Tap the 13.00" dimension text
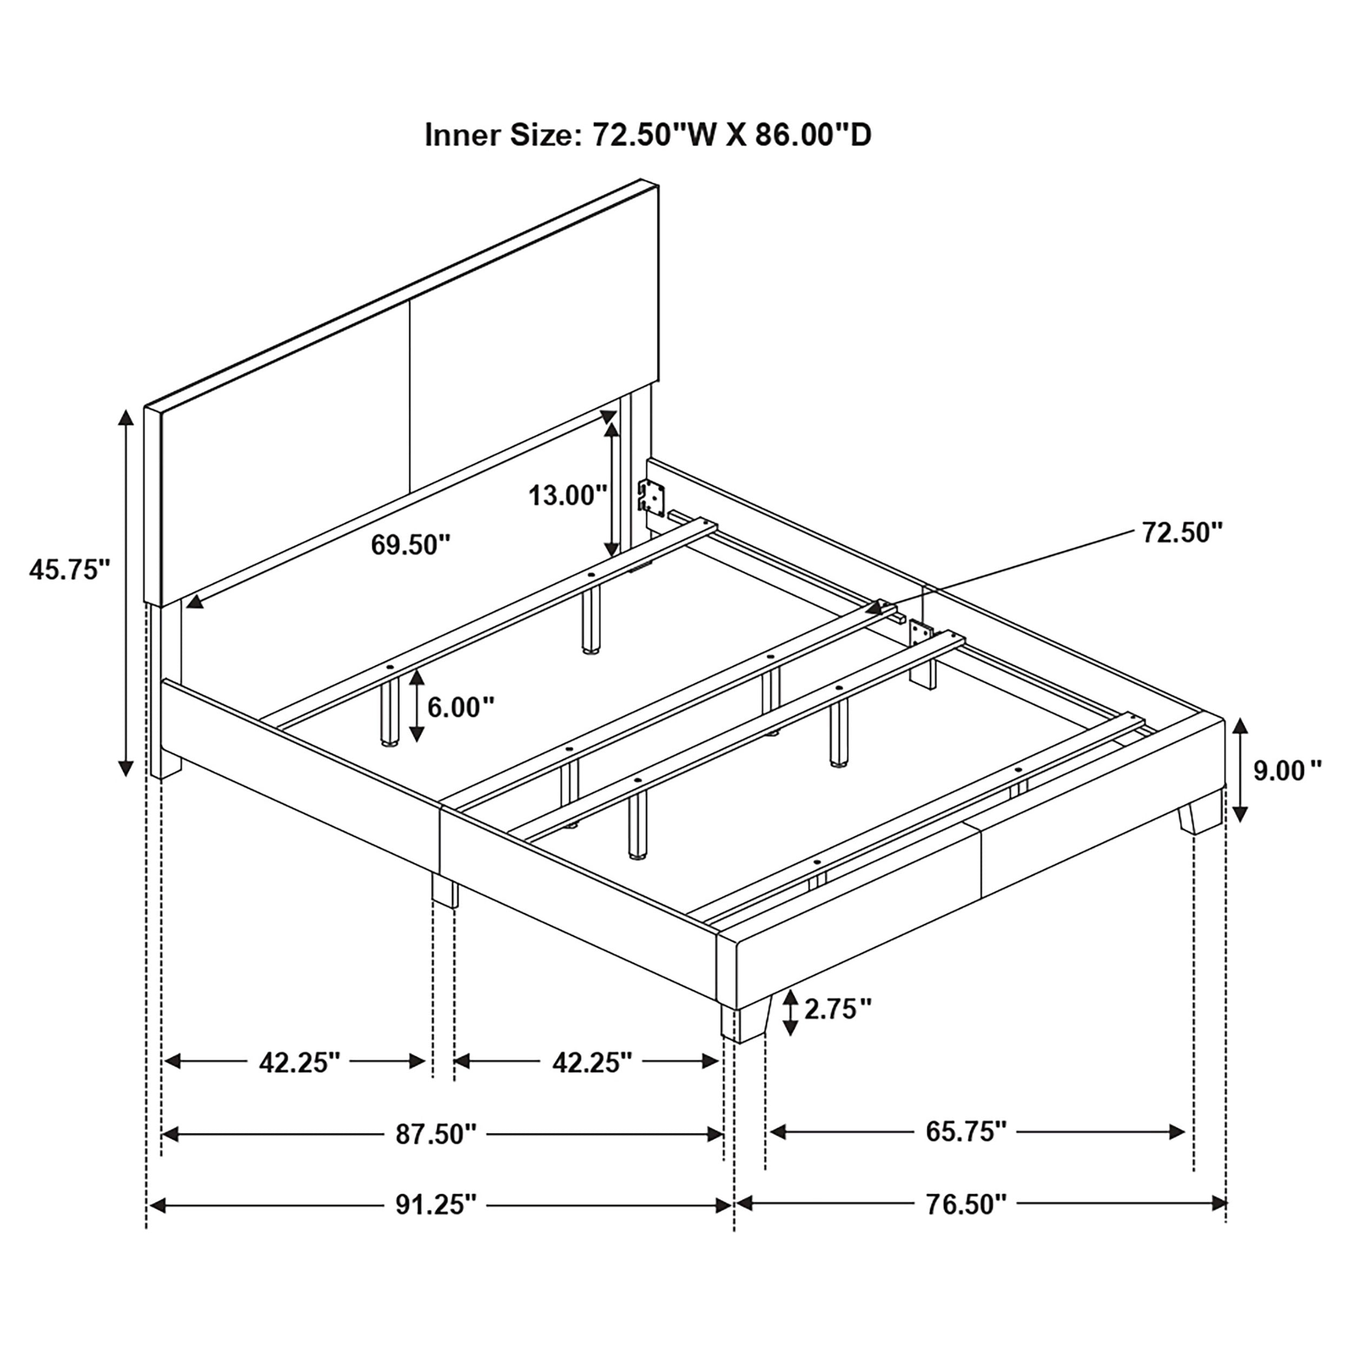[x=567, y=495]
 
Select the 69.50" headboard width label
[x=410, y=545]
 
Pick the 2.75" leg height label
[x=838, y=1009]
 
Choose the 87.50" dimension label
[x=436, y=1135]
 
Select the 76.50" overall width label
[x=966, y=1205]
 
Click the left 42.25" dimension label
[x=299, y=1062]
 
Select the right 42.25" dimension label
[x=592, y=1062]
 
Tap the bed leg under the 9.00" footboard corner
[x=1199, y=816]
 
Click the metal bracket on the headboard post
[x=650, y=497]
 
